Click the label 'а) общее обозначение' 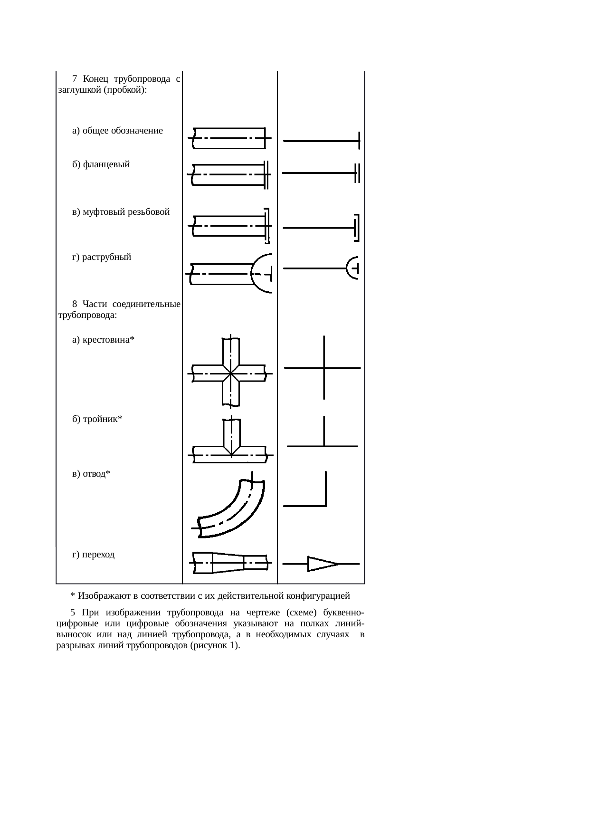117,131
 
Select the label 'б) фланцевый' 101,165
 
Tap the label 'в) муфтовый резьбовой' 121,212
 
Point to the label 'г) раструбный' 102,258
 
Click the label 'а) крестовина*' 103,340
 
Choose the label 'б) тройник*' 97,419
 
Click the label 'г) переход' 93,555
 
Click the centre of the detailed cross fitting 231,374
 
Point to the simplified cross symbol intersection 324,368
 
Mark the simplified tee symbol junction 324,446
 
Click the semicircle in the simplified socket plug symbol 352,268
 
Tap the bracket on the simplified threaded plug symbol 357,228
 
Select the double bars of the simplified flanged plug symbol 357,173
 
